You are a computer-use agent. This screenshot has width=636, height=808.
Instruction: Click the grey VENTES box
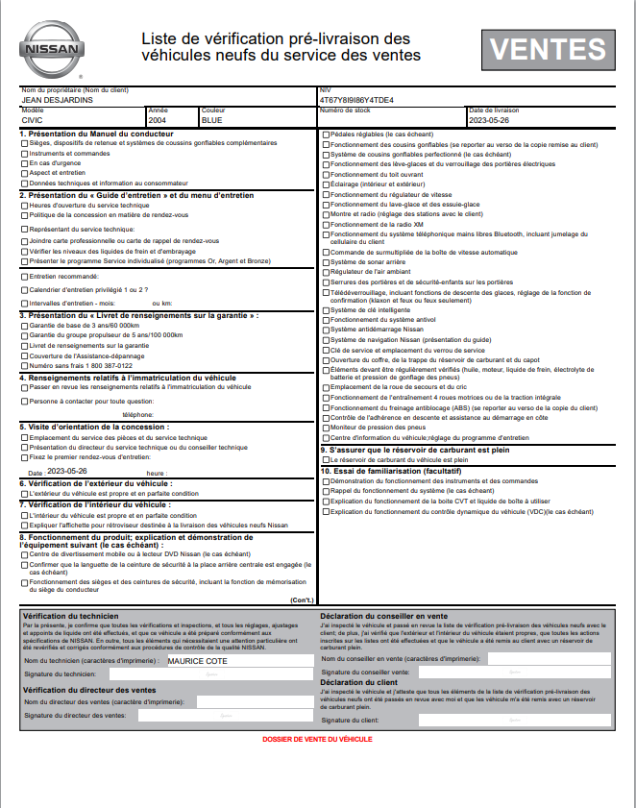click(548, 49)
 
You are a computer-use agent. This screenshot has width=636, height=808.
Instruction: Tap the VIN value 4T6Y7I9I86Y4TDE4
click(355, 100)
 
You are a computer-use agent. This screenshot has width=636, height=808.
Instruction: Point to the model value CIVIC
click(32, 121)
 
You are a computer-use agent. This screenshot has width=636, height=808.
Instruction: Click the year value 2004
click(158, 121)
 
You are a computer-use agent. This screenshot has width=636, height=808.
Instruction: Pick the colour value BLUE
click(211, 121)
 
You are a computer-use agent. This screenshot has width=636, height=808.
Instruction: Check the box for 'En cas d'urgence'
click(24, 163)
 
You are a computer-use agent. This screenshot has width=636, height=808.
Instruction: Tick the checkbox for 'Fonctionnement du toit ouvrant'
click(325, 175)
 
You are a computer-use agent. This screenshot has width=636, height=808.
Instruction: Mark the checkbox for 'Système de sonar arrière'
click(325, 262)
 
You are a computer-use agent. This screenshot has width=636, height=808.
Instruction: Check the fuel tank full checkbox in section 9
click(325, 459)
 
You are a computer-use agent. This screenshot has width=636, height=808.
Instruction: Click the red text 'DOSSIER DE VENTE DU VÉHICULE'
click(317, 739)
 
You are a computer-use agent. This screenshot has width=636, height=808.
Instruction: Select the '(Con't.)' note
click(300, 600)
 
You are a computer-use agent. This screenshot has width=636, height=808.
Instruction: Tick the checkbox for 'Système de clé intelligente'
click(325, 310)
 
